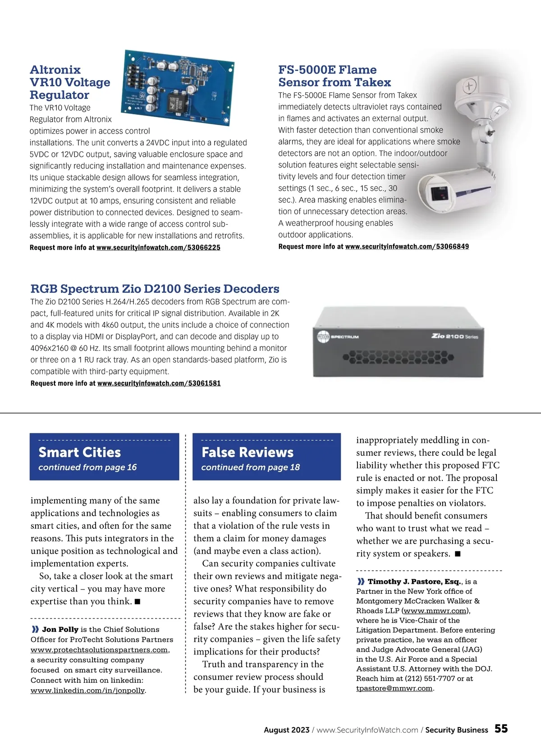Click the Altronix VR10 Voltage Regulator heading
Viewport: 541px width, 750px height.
pyautogui.click(x=70, y=82)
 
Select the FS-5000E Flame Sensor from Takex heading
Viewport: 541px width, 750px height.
pyautogui.click(x=334, y=76)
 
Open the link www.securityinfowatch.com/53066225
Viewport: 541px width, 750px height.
pyautogui.click(x=158, y=248)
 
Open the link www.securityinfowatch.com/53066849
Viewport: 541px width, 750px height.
pyautogui.click(x=407, y=247)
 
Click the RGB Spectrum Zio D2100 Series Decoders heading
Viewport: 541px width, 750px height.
pyautogui.click(x=155, y=289)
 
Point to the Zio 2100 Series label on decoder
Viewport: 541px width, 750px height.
pyautogui.click(x=454, y=336)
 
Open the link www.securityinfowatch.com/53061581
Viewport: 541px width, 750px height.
pyautogui.click(x=159, y=383)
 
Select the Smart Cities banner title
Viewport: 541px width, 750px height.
pyautogui.click(x=80, y=452)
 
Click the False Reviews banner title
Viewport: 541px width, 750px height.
pyautogui.click(x=248, y=452)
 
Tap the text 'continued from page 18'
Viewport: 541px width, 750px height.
pyautogui.click(x=250, y=468)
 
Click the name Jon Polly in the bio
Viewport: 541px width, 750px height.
pyautogui.click(x=60, y=629)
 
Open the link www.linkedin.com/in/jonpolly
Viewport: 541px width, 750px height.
pyautogui.click(x=87, y=691)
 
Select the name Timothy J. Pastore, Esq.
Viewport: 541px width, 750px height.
pyautogui.click(x=414, y=582)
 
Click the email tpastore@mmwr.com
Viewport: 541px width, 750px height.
pyautogui.click(x=394, y=688)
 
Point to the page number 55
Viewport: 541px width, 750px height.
pyautogui.click(x=501, y=729)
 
